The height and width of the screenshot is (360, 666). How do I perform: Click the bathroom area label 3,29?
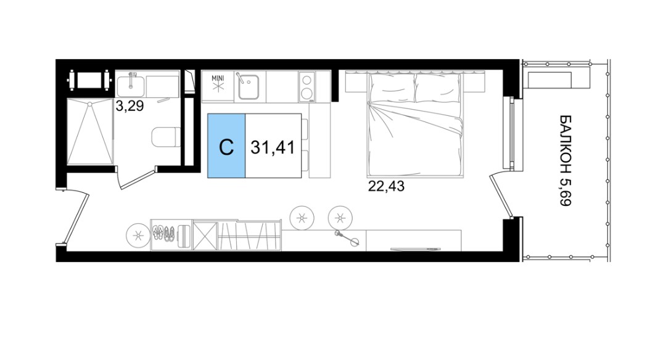[x=130, y=105]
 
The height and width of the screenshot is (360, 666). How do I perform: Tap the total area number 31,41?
[x=273, y=147]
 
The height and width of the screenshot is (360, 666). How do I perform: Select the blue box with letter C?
[x=226, y=145]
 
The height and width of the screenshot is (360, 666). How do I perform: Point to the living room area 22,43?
[x=386, y=186]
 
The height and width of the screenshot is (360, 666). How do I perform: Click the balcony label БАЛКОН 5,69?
[x=565, y=160]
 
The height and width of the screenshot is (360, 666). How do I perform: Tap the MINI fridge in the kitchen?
[x=218, y=86]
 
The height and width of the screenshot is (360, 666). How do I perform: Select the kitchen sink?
[x=248, y=86]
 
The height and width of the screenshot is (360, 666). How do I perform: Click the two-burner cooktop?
[x=306, y=86]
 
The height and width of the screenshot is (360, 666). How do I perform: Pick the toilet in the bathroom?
[x=166, y=137]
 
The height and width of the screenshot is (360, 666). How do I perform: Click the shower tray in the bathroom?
[x=90, y=131]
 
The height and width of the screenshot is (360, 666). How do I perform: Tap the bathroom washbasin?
[x=130, y=86]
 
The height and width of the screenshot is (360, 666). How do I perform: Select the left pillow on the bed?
[x=392, y=88]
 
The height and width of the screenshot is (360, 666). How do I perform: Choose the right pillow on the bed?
[x=437, y=88]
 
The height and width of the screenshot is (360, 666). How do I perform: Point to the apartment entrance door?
[x=76, y=218]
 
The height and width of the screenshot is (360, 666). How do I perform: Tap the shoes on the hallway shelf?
[x=163, y=234]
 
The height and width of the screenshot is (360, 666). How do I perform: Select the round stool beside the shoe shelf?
[x=138, y=235]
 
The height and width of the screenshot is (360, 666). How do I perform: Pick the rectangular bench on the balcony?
[x=549, y=80]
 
